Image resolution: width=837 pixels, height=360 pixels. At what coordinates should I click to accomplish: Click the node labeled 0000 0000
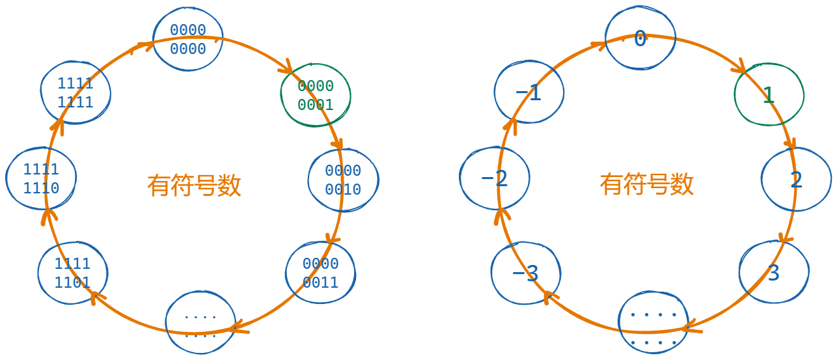188,39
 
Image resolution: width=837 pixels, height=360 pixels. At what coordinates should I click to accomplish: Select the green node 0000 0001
316,96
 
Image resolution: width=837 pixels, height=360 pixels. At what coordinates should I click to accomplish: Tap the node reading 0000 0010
343,180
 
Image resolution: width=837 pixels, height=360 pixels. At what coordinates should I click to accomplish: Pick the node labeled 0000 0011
320,273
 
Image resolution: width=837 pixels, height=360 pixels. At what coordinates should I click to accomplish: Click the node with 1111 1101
73,273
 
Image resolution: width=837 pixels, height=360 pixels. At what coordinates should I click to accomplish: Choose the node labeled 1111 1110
41,179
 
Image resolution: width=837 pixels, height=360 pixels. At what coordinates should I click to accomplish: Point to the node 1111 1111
75,93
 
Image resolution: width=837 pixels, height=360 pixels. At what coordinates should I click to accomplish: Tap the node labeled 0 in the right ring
640,39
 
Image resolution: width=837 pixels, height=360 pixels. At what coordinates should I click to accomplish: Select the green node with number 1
769,95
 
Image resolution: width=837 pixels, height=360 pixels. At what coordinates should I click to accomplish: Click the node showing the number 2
796,180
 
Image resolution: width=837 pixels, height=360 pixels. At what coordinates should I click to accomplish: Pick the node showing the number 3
774,272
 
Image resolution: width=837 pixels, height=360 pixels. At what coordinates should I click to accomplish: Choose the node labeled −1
528,93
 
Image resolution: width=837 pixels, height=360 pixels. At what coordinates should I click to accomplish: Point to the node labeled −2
495,178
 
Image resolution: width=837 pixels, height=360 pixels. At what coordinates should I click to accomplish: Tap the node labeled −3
526,273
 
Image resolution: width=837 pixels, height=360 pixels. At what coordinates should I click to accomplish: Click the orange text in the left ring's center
194,186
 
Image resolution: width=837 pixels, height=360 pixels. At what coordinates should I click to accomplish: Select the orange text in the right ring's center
647,184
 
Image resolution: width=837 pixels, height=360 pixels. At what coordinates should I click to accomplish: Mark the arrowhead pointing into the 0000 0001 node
286,68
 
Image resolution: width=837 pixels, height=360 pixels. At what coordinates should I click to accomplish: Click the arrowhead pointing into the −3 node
548,296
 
